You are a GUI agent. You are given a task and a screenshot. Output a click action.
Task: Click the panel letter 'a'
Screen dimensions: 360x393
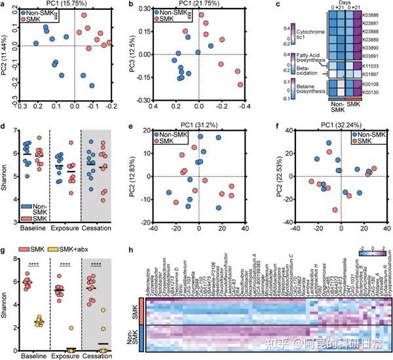[5, 5]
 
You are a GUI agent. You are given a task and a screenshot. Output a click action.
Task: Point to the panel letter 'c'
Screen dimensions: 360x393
[278, 5]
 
